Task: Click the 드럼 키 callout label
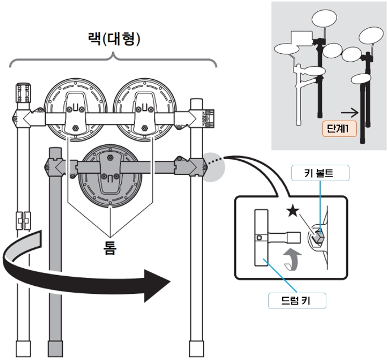tap(298, 301)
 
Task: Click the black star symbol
tap(292, 212)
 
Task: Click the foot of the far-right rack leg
tap(196, 349)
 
